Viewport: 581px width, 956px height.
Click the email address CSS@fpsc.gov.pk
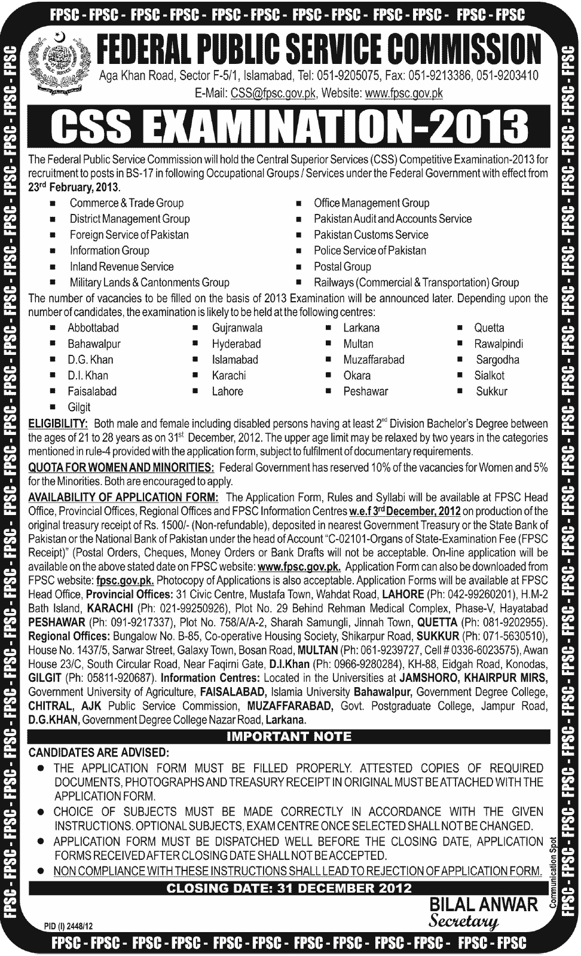click(x=273, y=93)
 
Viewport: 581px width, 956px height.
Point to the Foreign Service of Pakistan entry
click(x=129, y=235)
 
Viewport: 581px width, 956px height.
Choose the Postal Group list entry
click(x=342, y=266)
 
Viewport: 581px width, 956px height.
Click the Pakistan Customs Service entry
click(x=371, y=235)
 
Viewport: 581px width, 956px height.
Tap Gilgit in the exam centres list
click(x=79, y=407)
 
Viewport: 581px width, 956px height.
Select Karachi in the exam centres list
click(x=228, y=376)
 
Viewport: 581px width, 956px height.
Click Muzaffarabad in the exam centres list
click(x=374, y=360)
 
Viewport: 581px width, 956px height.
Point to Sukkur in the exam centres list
click(x=491, y=392)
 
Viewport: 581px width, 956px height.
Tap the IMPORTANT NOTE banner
click(x=289, y=737)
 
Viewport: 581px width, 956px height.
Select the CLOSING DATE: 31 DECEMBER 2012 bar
click(x=289, y=888)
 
